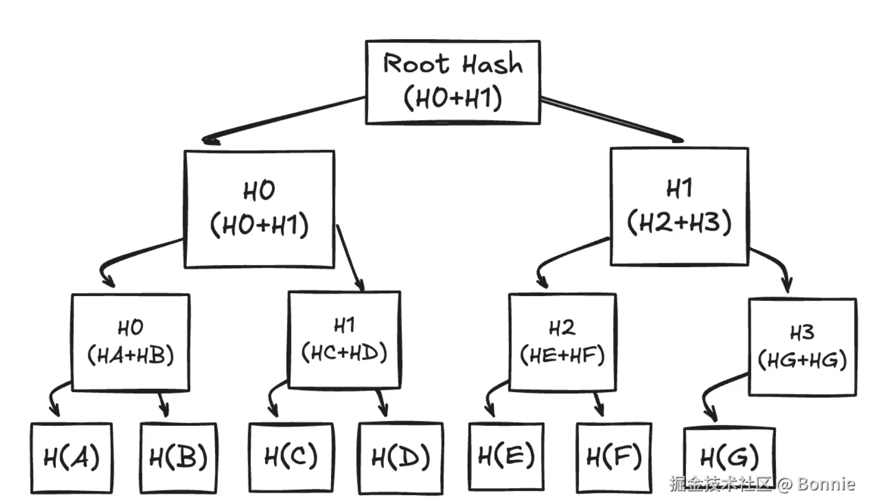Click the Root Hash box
tap(453, 82)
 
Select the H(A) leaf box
tap(71, 457)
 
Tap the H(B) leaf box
tap(178, 457)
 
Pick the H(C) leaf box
tap(291, 456)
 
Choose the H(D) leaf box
tap(400, 458)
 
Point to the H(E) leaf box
tap(506, 456)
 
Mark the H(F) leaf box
tap(614, 457)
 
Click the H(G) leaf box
tap(729, 457)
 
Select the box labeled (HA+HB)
tap(131, 342)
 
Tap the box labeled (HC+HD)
tap(344, 340)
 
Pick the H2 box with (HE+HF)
tap(562, 342)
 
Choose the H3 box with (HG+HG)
tap(802, 347)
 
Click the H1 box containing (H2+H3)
tap(679, 206)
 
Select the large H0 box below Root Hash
tap(259, 209)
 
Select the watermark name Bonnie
tap(826, 484)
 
